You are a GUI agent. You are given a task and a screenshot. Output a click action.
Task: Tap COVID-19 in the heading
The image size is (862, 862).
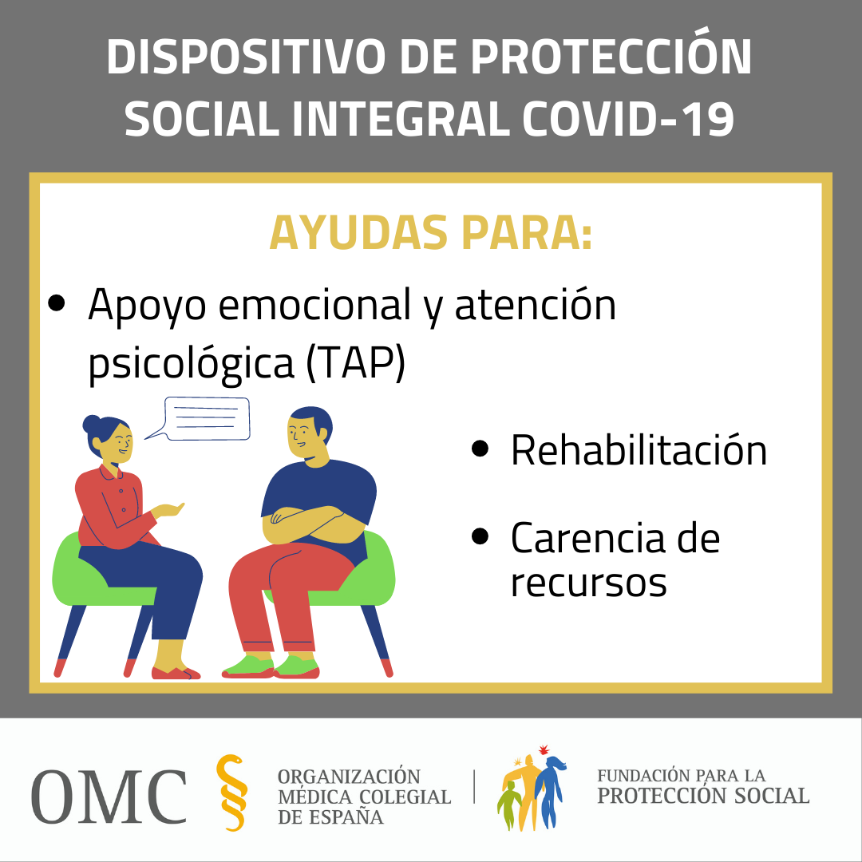coord(628,119)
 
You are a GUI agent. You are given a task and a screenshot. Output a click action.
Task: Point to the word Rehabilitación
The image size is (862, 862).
coord(639,450)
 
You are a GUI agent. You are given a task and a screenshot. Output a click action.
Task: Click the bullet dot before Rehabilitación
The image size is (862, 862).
coord(480,448)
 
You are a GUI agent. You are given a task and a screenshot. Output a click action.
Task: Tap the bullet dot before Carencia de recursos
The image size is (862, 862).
coord(480,536)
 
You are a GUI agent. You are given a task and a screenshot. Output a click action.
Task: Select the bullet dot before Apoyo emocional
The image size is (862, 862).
coord(56,303)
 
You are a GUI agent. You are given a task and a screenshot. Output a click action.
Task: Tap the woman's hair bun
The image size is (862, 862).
coord(92,425)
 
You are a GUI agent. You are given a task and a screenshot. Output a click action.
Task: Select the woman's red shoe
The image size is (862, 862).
coord(176,673)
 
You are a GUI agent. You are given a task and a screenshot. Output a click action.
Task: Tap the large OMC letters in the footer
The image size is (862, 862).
coord(109,796)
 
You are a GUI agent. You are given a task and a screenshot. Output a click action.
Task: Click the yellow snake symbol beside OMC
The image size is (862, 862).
coord(231,793)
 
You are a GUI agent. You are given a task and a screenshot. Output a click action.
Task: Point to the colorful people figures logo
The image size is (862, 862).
coord(531,787)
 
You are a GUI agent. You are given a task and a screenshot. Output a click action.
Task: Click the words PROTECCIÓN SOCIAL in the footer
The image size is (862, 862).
coord(703,796)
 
